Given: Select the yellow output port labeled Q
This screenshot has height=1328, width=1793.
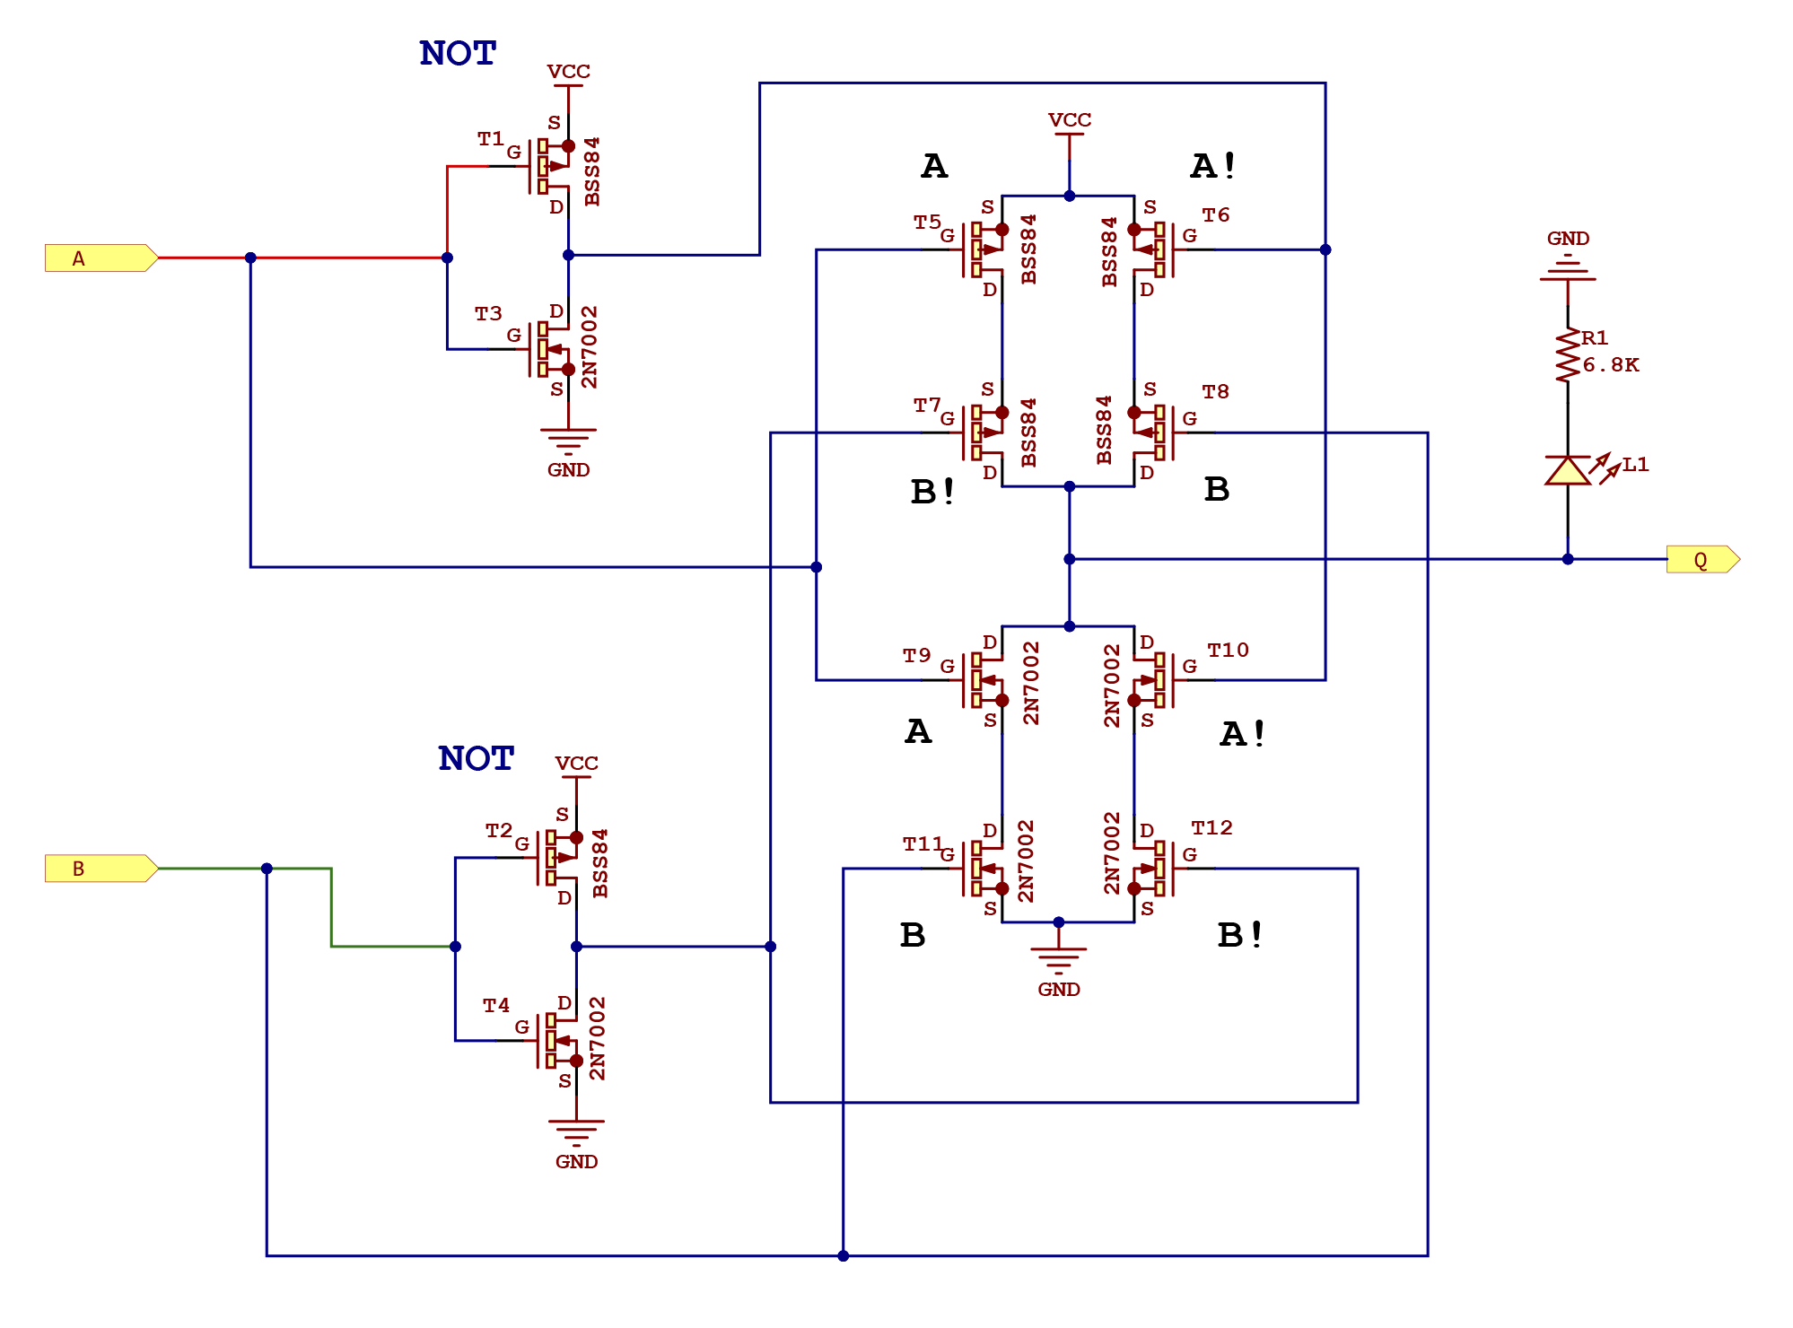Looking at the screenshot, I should (1701, 560).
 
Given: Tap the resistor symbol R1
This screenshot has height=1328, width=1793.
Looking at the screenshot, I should (1568, 355).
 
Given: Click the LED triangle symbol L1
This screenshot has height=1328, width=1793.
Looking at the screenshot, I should (1568, 470).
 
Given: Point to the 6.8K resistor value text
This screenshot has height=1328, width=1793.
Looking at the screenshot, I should (1610, 365).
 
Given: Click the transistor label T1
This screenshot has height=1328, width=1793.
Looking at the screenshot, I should (490, 138).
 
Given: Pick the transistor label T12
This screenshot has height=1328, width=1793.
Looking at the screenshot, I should (1211, 827).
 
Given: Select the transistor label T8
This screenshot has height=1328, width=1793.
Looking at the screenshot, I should (1215, 391).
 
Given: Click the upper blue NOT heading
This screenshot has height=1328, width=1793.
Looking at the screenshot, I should (458, 54).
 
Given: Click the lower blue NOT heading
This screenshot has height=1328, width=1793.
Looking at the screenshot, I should (476, 759).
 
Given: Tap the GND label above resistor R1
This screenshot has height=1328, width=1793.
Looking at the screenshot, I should (1568, 239).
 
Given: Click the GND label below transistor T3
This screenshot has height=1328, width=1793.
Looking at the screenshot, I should (568, 470).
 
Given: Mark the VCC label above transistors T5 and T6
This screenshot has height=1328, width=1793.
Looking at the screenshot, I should (1070, 120).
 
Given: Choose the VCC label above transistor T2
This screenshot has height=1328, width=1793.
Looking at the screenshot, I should (576, 764).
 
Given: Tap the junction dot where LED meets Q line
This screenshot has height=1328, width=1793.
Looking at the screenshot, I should (1568, 559).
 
